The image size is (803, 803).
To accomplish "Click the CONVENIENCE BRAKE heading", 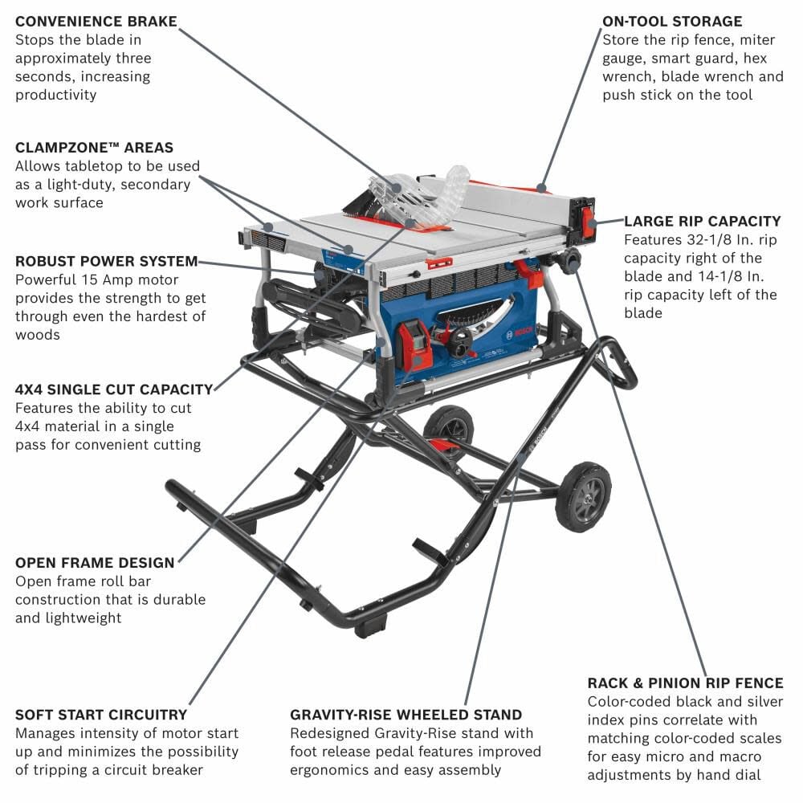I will click(96, 22).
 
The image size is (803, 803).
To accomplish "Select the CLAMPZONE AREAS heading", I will click(94, 148).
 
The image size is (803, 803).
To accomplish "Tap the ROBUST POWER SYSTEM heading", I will click(106, 261).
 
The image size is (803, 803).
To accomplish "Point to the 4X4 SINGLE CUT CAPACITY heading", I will click(114, 389).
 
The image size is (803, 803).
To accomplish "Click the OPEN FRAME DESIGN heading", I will click(95, 562).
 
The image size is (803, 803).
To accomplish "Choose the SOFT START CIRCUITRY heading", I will click(101, 714).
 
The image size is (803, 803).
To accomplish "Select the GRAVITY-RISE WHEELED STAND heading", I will click(406, 714).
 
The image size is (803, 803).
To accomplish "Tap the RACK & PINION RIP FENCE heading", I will click(685, 683).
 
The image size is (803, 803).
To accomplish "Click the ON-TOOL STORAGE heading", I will click(672, 22).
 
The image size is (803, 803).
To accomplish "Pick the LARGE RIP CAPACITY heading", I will click(702, 221).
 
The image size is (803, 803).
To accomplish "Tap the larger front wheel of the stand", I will click(583, 496).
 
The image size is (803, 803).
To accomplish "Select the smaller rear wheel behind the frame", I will click(449, 426).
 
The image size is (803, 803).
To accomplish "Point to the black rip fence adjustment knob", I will click(571, 260).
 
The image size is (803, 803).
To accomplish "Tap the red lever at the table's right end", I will click(589, 222).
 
